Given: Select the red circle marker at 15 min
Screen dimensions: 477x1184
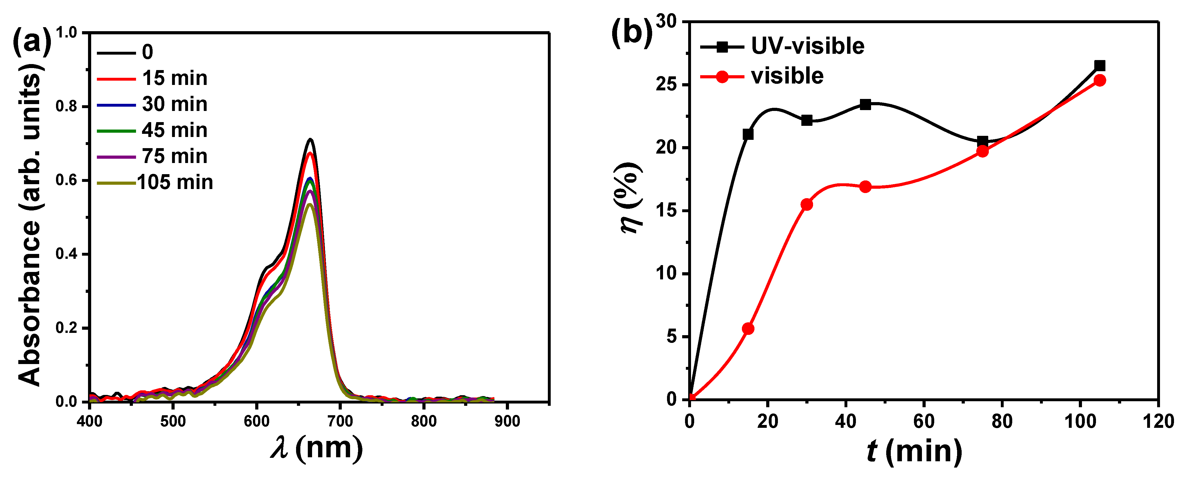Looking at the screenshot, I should click(x=748, y=328).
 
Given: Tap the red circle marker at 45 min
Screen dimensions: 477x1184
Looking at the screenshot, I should click(x=865, y=186).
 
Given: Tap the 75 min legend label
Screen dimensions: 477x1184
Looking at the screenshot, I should click(x=175, y=156).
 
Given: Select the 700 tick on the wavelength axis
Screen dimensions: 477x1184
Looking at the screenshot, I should click(x=340, y=421).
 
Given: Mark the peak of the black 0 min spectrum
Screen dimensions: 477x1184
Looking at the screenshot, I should click(x=311, y=139).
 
